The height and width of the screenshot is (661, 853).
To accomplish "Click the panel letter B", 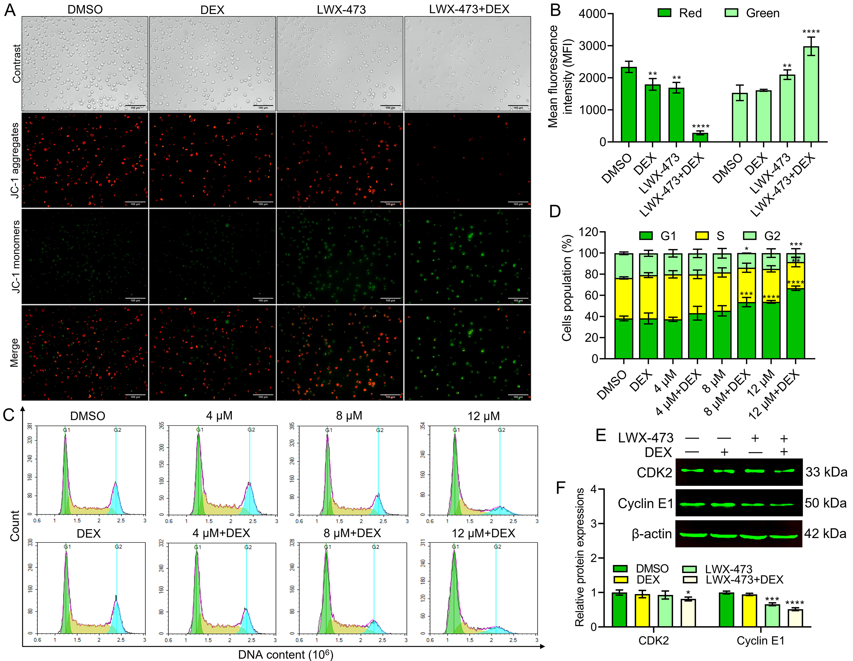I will click(555, 10).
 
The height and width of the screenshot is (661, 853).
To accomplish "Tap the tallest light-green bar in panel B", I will click(811, 94).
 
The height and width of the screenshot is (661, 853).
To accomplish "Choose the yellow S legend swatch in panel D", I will click(702, 236).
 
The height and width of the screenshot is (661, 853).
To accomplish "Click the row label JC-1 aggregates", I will click(15, 160).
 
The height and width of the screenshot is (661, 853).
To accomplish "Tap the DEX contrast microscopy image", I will click(212, 64).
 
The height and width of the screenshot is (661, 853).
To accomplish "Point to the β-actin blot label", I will click(651, 534).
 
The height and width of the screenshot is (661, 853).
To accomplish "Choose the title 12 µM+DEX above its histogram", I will click(483, 533).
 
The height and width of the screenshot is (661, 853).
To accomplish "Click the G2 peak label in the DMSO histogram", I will click(117, 430).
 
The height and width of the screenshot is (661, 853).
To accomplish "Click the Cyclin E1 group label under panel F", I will click(760, 641).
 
